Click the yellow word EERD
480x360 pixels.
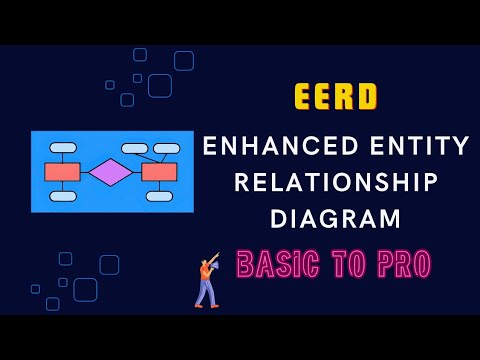(336, 97)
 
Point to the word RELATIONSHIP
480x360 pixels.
(336, 183)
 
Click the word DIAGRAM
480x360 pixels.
(336, 217)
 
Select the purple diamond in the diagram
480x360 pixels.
(110, 172)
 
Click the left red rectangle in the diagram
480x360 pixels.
(62, 172)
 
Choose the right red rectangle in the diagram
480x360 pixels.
(159, 172)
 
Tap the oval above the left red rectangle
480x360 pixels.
(63, 148)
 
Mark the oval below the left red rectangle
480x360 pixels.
(63, 196)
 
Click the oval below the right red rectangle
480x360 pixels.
(159, 196)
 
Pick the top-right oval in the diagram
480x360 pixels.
(167, 148)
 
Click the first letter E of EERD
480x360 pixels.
(304, 97)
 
